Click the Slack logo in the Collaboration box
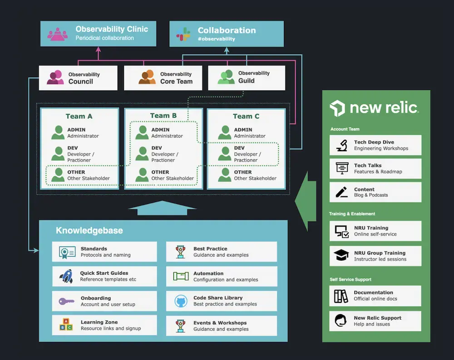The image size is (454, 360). click(x=183, y=34)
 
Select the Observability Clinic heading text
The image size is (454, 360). click(x=112, y=29)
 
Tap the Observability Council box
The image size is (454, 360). click(x=78, y=78)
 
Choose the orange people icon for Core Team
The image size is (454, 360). click(x=147, y=78)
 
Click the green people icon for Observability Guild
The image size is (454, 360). click(x=226, y=77)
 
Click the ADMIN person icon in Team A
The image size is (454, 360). click(x=58, y=133)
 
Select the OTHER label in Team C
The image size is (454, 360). click(x=243, y=172)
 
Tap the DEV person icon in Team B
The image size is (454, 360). click(x=142, y=154)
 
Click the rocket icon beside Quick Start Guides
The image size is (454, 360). click(x=66, y=276)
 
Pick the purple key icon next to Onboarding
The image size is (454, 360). click(x=66, y=301)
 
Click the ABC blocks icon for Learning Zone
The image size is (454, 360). click(x=66, y=325)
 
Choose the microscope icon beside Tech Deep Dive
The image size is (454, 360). click(x=342, y=145)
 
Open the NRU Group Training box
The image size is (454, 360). click(x=375, y=256)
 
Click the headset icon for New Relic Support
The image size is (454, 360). click(x=341, y=321)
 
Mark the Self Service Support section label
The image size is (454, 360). click(x=350, y=279)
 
